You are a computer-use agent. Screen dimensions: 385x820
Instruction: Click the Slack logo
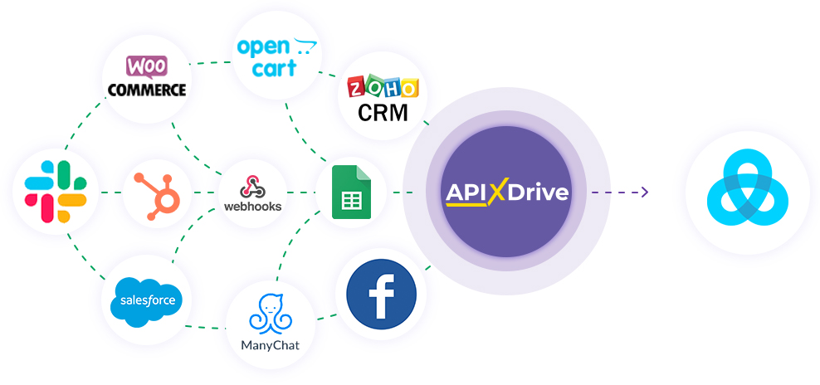coord(56,192)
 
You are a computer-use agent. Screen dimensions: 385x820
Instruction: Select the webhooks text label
coord(253,206)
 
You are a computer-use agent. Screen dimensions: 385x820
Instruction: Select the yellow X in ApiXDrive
coord(496,193)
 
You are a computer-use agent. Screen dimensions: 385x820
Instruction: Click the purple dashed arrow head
coord(644,192)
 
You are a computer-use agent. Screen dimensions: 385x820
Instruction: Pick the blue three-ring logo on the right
coord(747,192)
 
